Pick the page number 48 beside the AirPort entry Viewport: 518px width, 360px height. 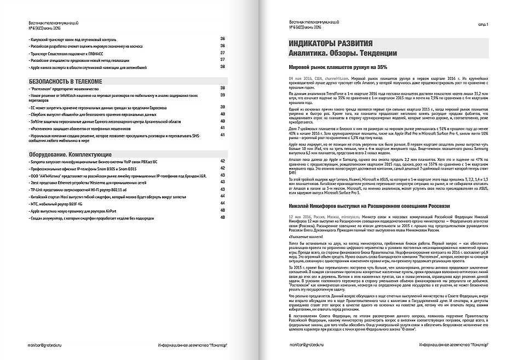pyautogui.click(x=223, y=211)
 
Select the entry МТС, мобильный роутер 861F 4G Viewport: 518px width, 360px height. pyautogui.click(x=61, y=204)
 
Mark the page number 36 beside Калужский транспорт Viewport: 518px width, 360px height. pyautogui.click(x=223, y=38)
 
